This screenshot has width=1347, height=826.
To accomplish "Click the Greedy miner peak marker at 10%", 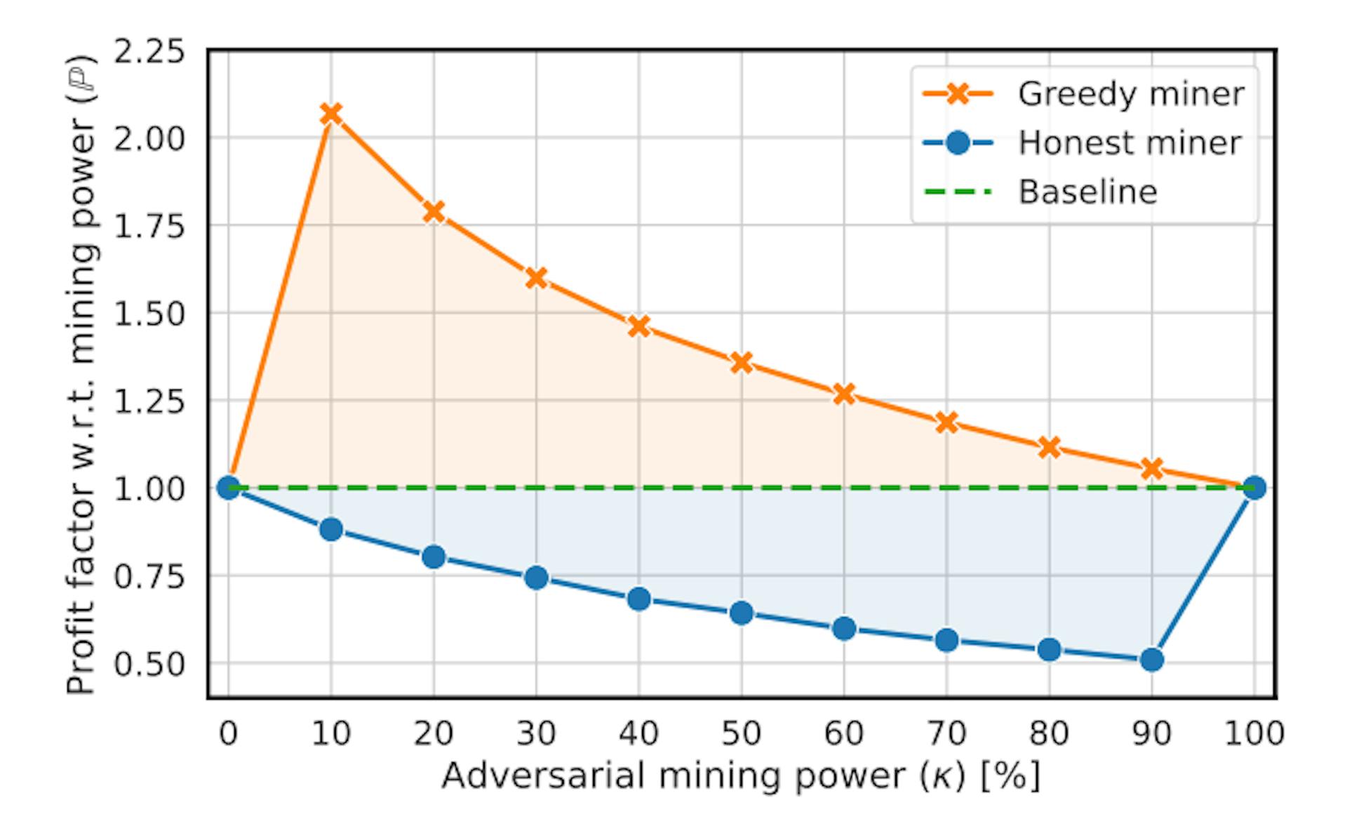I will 330,114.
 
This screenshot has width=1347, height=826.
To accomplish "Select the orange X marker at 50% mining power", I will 742,363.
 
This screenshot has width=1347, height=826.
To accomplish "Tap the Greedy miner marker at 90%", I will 1152,468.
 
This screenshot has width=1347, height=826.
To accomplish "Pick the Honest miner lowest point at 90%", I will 1152,660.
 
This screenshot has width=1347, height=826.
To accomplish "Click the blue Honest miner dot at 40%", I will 638,599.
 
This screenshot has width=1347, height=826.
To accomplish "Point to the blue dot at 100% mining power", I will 1254,488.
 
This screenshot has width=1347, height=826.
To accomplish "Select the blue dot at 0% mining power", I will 228,488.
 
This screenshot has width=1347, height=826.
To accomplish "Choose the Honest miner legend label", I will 1130,143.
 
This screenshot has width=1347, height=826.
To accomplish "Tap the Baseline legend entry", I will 1087,192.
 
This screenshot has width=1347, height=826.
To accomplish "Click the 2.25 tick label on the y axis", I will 149,52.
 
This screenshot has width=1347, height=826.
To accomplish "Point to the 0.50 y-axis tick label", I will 149,664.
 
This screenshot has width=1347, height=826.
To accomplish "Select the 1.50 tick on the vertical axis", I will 149,314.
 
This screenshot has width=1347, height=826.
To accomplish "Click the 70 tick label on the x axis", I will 946,734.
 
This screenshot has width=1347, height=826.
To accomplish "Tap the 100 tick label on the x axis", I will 1254,734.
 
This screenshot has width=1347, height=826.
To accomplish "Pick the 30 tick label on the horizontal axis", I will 536,734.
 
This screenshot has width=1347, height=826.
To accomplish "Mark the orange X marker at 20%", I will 434,211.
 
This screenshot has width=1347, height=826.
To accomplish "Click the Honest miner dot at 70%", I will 946,640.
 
